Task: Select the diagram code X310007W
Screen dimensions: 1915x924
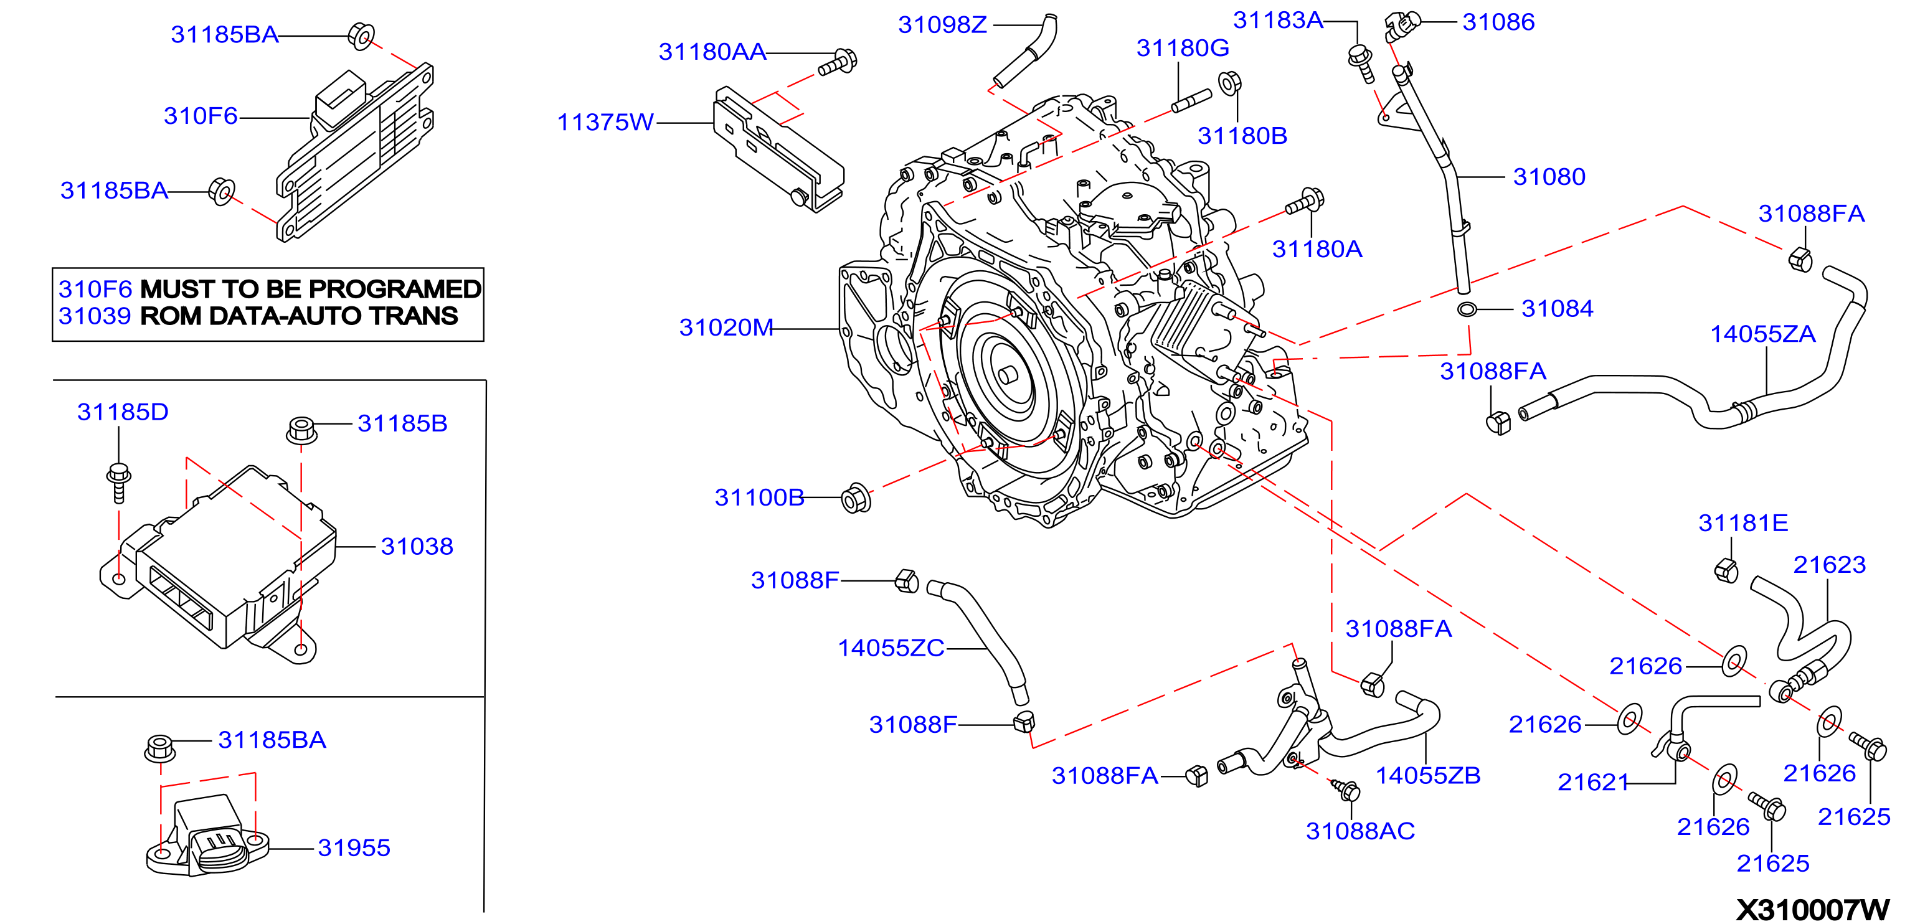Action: [1812, 909]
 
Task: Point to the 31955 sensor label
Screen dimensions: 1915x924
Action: [354, 847]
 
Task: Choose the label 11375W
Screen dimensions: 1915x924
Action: [606, 122]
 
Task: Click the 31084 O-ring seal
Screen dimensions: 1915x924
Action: [1467, 309]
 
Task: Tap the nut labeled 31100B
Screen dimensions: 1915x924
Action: [856, 498]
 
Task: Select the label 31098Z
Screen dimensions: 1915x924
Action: [943, 24]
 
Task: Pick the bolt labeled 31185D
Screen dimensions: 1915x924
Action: [119, 483]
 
